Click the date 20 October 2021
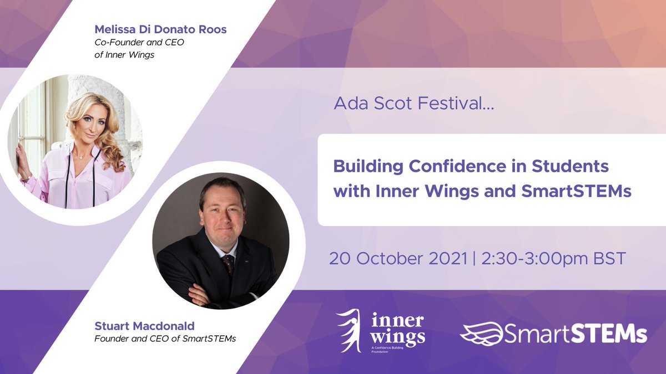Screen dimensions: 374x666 click(398, 259)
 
